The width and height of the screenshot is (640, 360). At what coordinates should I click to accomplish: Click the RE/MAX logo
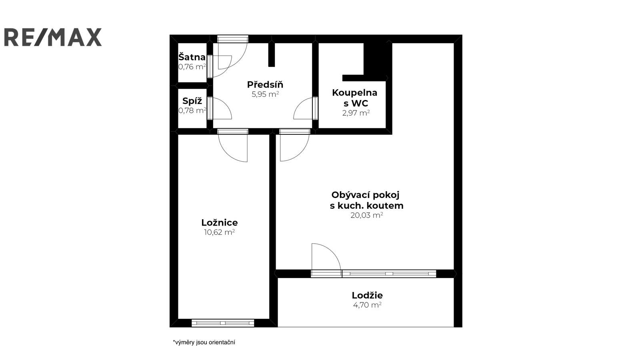(x=53, y=37)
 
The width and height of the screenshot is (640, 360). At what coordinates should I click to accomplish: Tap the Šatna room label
(x=192, y=57)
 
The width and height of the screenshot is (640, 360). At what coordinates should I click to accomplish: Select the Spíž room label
(x=192, y=101)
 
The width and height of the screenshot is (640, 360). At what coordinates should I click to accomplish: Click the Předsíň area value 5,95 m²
(x=265, y=94)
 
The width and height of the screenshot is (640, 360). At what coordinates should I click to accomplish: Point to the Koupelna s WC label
(x=354, y=98)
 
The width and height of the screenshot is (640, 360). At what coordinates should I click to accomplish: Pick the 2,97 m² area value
(x=356, y=113)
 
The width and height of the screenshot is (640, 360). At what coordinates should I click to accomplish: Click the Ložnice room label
(x=220, y=222)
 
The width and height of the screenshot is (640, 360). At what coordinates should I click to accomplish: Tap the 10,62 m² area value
(x=220, y=232)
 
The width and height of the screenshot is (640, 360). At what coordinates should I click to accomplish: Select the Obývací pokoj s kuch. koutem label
(x=366, y=200)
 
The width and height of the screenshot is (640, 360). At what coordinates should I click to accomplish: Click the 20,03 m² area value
(x=367, y=215)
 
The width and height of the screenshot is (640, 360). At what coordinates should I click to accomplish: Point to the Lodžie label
(x=367, y=295)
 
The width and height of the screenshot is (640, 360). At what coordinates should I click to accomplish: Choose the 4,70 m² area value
(x=368, y=305)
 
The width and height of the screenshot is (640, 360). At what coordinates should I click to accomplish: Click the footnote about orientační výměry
(x=204, y=342)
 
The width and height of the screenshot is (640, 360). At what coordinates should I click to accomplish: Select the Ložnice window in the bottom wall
(x=223, y=323)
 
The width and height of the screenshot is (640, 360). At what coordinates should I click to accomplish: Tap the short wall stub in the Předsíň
(x=272, y=55)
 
